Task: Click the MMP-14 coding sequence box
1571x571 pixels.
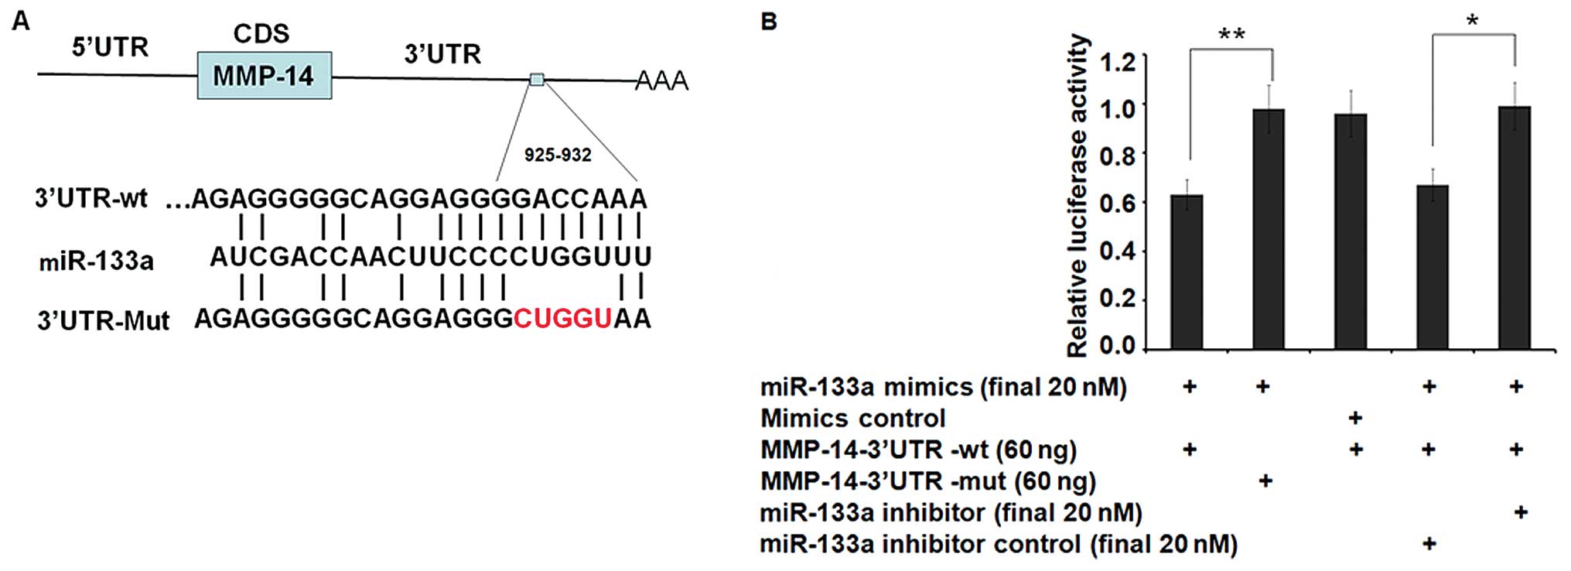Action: [264, 76]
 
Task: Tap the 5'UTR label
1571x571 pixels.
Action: [110, 47]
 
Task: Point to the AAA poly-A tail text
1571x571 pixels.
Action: [661, 80]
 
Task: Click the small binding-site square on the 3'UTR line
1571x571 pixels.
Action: [537, 79]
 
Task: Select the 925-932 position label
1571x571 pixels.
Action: [557, 155]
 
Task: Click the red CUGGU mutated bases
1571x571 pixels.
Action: [562, 319]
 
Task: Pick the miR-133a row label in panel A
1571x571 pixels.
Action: [96, 262]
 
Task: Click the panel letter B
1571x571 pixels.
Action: [768, 21]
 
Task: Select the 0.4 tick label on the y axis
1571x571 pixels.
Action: [1117, 251]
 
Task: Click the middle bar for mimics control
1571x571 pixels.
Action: [1351, 232]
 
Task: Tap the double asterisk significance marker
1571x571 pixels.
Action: [1231, 35]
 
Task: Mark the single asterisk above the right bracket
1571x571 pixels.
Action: [1473, 22]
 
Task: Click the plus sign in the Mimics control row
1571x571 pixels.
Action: [1354, 418]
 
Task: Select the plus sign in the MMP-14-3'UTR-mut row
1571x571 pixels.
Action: [1265, 480]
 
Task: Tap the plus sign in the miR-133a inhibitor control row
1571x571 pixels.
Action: [1429, 543]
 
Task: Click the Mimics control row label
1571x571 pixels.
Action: [852, 418]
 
